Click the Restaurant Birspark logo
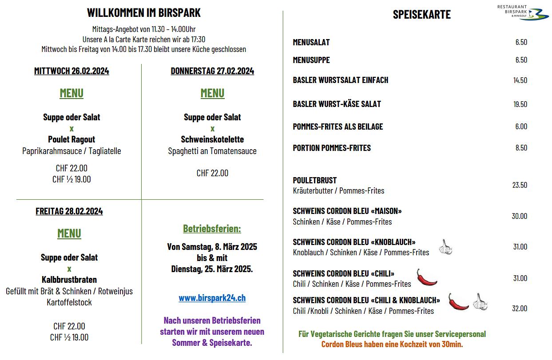tap(523, 12)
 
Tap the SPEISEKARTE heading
tap(421, 15)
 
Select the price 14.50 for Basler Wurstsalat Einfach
tap(520, 80)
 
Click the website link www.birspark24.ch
tap(212, 298)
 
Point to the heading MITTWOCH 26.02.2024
tap(71, 71)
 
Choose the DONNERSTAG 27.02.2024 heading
tap(212, 71)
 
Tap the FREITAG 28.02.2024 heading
tap(69, 211)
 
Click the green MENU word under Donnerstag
tap(212, 93)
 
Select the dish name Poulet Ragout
tap(71, 139)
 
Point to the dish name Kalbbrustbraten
tap(69, 280)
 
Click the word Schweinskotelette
tap(212, 139)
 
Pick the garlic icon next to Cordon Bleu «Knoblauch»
tap(445, 247)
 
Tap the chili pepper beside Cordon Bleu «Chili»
tap(426, 278)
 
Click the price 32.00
tap(520, 309)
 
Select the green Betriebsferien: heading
tap(212, 229)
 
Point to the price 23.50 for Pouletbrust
tap(520, 185)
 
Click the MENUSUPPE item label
tap(311, 60)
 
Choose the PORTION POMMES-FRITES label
tap(332, 148)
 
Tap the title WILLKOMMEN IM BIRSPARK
tap(143, 13)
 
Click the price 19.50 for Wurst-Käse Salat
tap(520, 104)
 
